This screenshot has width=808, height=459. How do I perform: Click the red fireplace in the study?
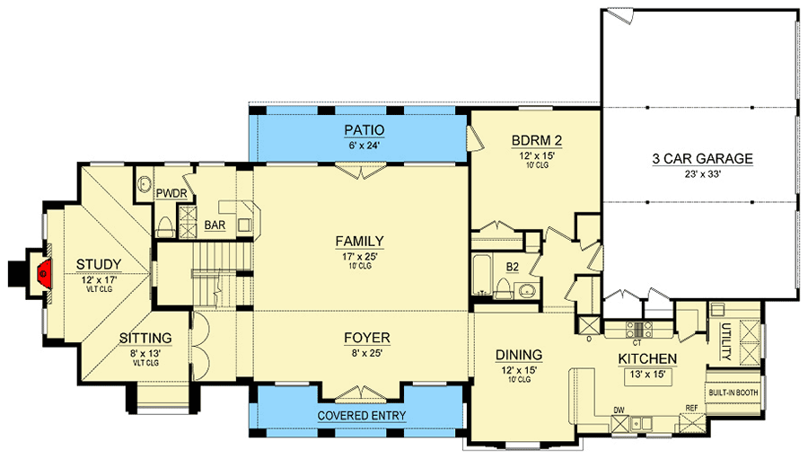[x=41, y=270]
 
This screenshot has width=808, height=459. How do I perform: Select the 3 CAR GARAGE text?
[x=702, y=160]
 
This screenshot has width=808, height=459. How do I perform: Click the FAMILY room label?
[x=359, y=241]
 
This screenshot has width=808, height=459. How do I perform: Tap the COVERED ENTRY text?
[x=361, y=416]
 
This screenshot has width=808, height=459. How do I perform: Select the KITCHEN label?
[x=646, y=359]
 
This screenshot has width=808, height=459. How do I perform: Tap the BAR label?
[x=215, y=225]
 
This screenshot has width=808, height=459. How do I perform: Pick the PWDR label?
[x=170, y=193]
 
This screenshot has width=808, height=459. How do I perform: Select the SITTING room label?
[x=145, y=338]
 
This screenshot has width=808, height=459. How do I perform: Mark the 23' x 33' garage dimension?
[x=702, y=177]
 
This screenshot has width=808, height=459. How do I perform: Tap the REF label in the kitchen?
[x=692, y=409]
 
